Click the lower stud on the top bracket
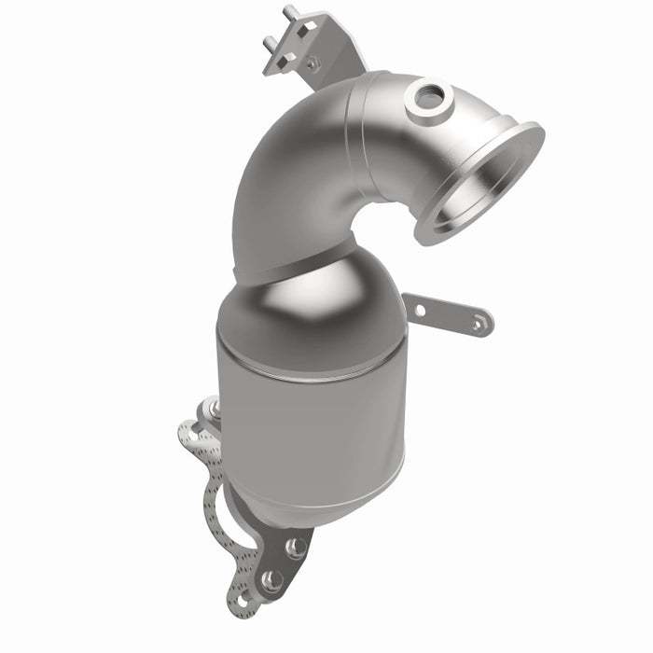click(x=268, y=42)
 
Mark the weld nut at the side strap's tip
click(x=478, y=324)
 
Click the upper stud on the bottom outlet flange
click(x=297, y=547)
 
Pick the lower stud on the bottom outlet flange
click(x=272, y=580)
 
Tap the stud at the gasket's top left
click(x=214, y=409)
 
